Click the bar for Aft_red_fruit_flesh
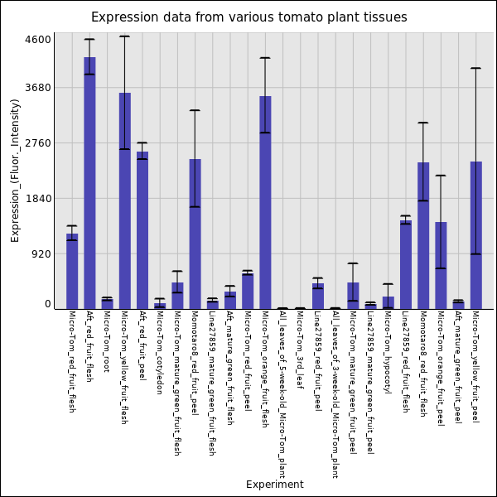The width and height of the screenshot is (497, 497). pos(89,182)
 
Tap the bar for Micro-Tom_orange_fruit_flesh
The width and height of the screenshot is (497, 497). pos(265,202)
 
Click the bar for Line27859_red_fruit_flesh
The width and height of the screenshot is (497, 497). pos(406,264)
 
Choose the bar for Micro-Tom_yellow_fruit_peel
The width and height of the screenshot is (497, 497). pos(476,235)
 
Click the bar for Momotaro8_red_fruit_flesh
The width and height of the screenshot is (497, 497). pos(423,235)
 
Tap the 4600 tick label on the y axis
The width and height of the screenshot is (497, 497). pos(38,40)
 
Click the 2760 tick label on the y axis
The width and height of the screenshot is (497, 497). pos(38,143)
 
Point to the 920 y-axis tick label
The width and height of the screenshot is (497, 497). pos(41,254)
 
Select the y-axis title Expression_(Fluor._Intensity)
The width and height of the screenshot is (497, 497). pos(15,170)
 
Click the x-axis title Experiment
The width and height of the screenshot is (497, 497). pos(274,485)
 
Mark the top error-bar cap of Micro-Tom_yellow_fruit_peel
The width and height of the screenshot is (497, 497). pos(476,68)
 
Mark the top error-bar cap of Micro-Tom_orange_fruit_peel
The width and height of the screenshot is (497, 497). pos(441,176)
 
